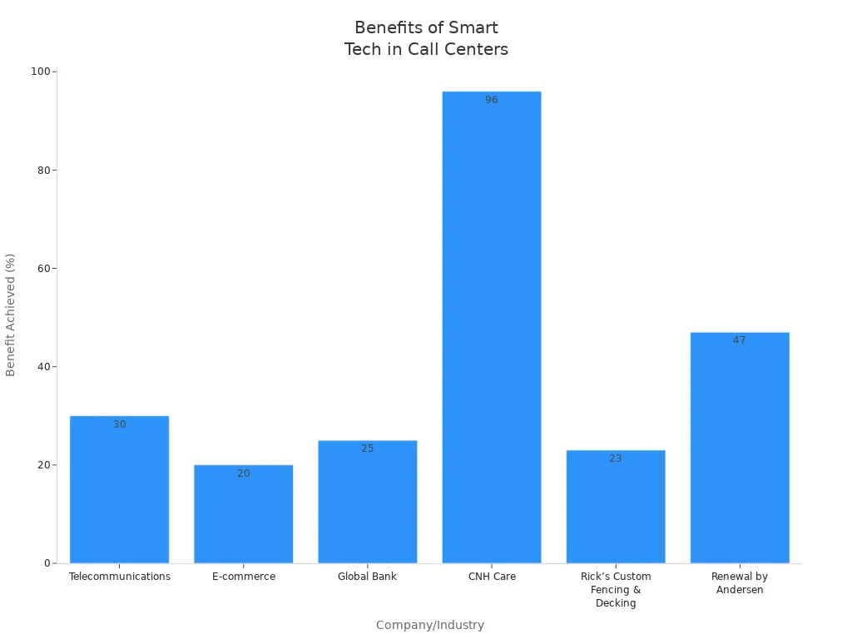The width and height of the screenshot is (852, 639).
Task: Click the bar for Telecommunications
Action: click(x=119, y=491)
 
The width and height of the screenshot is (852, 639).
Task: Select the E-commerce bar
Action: click(x=243, y=516)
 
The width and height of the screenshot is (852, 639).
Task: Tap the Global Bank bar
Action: click(x=367, y=503)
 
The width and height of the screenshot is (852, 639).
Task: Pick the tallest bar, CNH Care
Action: click(x=491, y=333)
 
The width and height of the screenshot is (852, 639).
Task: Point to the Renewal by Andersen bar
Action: click(x=740, y=449)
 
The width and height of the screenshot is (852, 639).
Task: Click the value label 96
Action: click(x=492, y=100)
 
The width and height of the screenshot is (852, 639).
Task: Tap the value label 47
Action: click(x=740, y=340)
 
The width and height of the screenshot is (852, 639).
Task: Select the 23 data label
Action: click(x=616, y=458)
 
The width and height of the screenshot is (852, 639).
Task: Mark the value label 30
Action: click(x=120, y=424)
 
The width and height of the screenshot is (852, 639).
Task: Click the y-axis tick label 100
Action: click(x=40, y=72)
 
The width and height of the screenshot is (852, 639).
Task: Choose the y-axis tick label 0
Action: click(x=48, y=563)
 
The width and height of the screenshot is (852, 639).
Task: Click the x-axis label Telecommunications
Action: click(x=120, y=577)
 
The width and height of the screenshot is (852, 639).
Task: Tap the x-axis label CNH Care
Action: click(x=492, y=577)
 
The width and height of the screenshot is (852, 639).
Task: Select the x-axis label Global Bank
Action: click(x=367, y=577)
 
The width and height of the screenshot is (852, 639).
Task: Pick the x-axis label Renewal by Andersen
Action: click(x=740, y=583)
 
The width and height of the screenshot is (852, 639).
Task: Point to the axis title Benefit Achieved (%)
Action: click(x=11, y=315)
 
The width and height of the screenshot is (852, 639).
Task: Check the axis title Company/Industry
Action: click(x=430, y=625)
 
